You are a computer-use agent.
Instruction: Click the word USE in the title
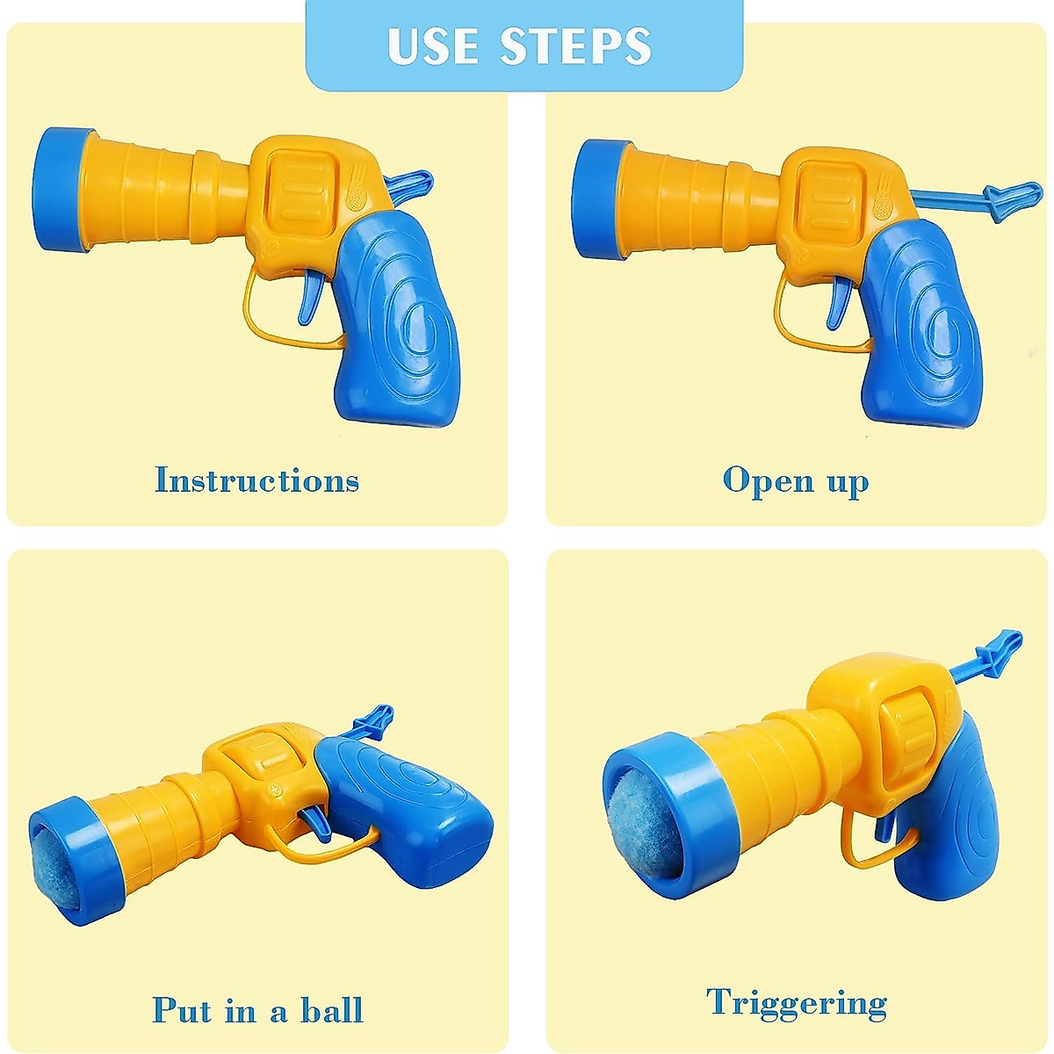[434, 46]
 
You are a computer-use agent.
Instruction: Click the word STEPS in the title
[576, 46]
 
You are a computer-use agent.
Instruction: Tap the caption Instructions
[256, 480]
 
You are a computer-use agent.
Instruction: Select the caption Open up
[796, 481]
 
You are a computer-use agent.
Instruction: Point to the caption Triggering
[797, 1003]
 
